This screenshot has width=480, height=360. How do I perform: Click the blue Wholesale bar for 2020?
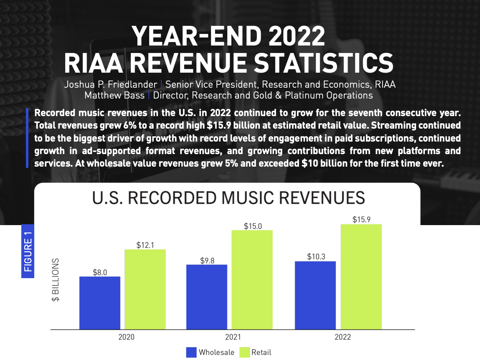[x=100, y=302]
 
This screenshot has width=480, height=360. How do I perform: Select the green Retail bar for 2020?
[x=145, y=289]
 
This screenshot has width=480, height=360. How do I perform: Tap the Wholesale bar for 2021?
[x=207, y=297]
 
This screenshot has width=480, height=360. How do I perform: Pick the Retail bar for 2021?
[x=252, y=279]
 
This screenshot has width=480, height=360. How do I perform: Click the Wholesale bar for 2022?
[x=315, y=295]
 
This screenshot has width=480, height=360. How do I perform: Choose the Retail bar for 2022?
[x=361, y=276]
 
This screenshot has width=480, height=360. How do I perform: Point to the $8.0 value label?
[x=100, y=272]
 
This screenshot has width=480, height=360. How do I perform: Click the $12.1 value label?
[x=145, y=245]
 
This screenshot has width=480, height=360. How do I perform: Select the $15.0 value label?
[x=253, y=226]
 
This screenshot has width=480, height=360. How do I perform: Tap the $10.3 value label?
[x=316, y=257]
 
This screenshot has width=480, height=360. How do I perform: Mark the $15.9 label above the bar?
[x=361, y=219]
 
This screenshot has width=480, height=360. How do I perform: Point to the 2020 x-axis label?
[x=127, y=337]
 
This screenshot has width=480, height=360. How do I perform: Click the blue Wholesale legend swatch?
[x=191, y=352]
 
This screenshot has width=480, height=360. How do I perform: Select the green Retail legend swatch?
[x=244, y=352]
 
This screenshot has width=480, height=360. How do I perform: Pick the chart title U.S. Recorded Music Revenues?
[x=229, y=198]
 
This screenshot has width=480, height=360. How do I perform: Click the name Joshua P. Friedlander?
[x=110, y=84]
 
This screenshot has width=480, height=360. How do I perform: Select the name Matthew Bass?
[x=114, y=96]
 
